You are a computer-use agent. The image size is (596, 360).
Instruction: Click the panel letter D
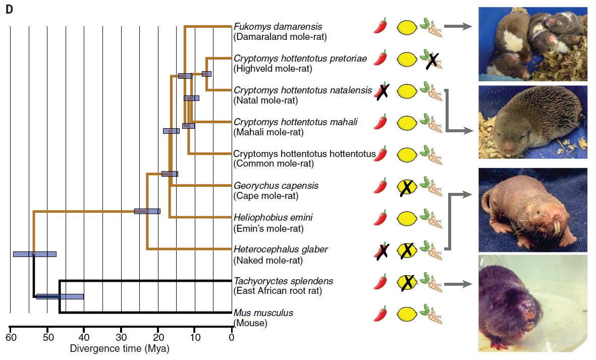pyautogui.click(x=9, y=10)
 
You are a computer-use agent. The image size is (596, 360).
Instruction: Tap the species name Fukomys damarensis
pyautogui.click(x=278, y=27)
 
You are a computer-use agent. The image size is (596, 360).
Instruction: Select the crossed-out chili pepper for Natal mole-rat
pyautogui.click(x=382, y=91)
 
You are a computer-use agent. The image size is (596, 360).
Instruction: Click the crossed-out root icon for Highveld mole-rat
pyautogui.click(x=431, y=60)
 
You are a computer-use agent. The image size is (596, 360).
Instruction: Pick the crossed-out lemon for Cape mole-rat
pyautogui.click(x=407, y=187)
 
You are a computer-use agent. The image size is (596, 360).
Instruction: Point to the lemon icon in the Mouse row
pyautogui.click(x=407, y=314)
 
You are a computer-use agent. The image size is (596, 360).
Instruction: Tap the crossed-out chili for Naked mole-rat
pyautogui.click(x=382, y=251)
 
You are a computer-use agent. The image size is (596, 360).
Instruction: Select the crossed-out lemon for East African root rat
pyautogui.click(x=407, y=282)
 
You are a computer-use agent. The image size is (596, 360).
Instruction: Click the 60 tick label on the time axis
pyautogui.click(x=11, y=337)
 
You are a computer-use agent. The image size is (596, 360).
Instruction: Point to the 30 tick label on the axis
pyautogui.click(x=121, y=337)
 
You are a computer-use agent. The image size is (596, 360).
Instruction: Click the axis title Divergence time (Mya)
pyautogui.click(x=120, y=348)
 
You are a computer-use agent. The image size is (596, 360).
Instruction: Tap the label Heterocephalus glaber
pyautogui.click(x=281, y=249)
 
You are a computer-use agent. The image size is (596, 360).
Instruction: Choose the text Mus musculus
pyautogui.click(x=263, y=313)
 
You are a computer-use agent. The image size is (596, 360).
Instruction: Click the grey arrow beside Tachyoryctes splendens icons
pyautogui.click(x=458, y=284)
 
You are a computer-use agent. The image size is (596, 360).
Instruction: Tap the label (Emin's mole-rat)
pyautogui.click(x=269, y=228)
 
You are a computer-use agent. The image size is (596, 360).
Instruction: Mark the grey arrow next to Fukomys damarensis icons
pyautogui.click(x=458, y=26)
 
